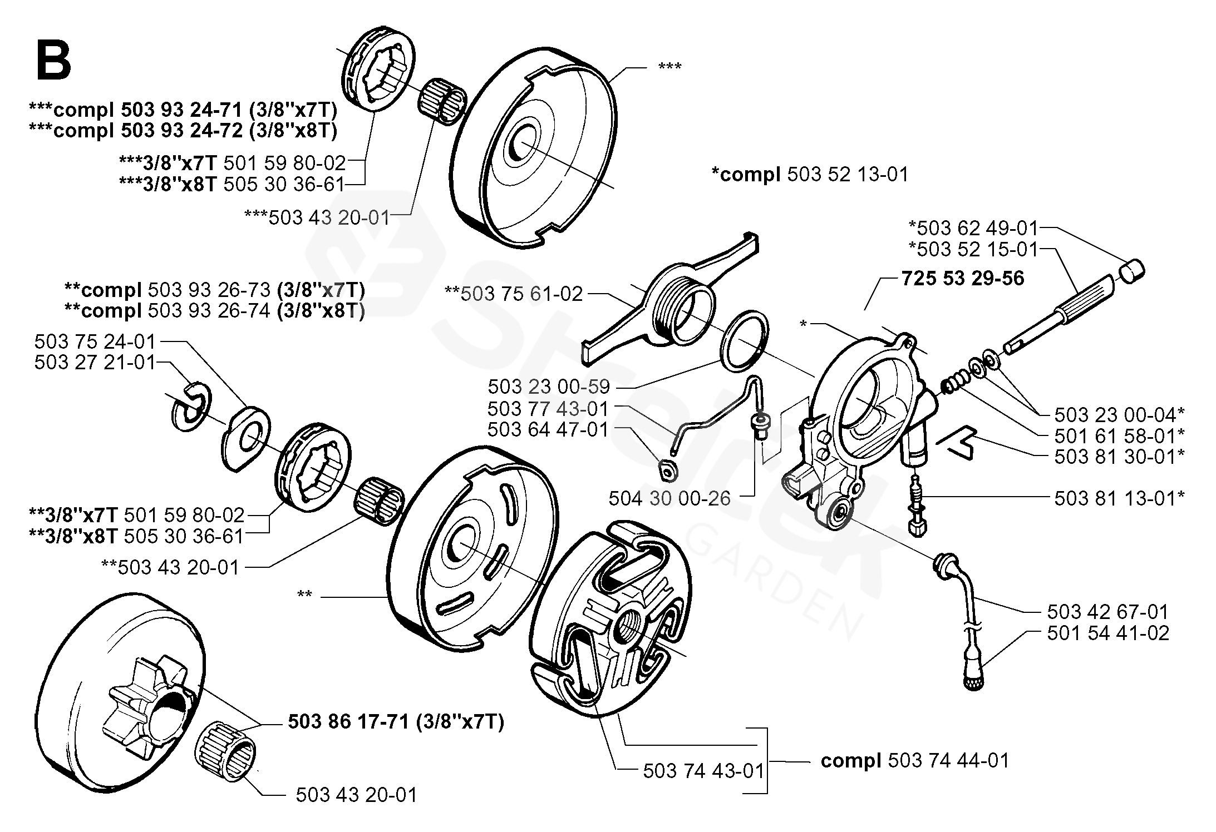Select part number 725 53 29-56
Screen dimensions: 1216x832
point(963,278)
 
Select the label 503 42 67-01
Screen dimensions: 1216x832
point(1108,612)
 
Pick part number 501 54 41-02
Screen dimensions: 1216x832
point(1108,633)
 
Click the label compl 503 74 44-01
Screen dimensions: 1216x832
point(915,761)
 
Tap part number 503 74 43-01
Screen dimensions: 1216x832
point(704,771)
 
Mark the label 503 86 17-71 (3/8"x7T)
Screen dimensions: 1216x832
point(396,722)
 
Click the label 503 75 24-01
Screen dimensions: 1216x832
point(95,341)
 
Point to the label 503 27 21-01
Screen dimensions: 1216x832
point(95,363)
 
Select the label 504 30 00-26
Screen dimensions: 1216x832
point(669,498)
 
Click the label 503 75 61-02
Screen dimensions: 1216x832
point(514,294)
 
